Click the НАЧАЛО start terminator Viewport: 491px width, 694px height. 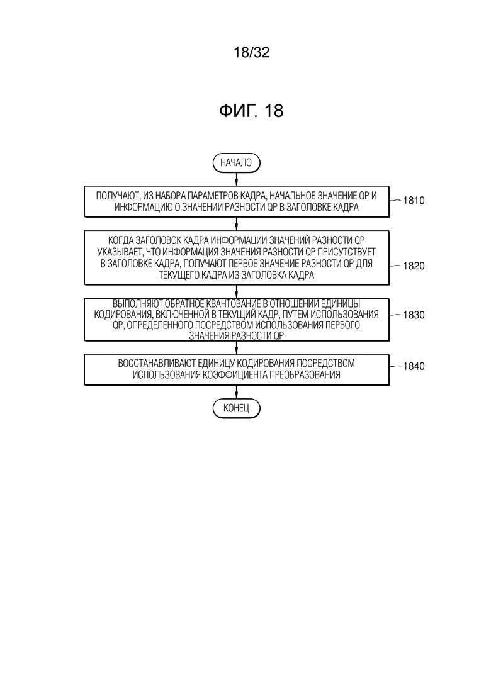(x=237, y=163)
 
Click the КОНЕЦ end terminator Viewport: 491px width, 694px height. (x=237, y=408)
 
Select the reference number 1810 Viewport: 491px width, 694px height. (x=414, y=201)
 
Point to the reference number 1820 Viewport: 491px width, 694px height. (x=414, y=266)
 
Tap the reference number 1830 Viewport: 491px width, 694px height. (x=414, y=315)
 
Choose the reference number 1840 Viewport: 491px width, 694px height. (x=414, y=366)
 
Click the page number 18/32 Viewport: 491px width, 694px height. (x=251, y=53)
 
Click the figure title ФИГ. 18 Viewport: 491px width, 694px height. (x=251, y=111)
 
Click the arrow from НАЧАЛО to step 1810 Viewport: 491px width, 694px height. (x=237, y=179)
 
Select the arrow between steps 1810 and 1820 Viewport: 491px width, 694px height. (x=237, y=223)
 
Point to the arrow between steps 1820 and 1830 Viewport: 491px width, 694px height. (x=237, y=291)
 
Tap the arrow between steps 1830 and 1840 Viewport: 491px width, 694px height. (x=237, y=347)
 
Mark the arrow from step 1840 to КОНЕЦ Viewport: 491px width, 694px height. (x=237, y=392)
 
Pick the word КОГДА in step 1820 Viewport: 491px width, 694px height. (x=120, y=240)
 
